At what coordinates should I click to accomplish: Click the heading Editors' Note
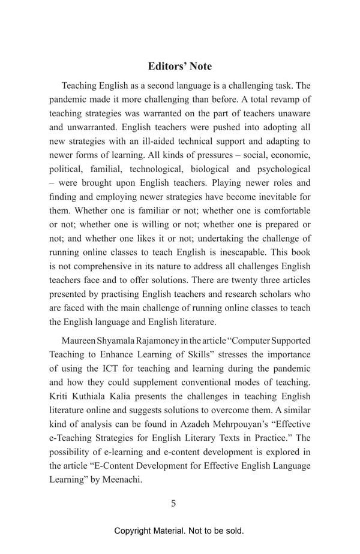[x=179, y=66]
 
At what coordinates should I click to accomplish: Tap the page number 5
[x=173, y=503]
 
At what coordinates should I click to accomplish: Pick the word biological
[x=213, y=169]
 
